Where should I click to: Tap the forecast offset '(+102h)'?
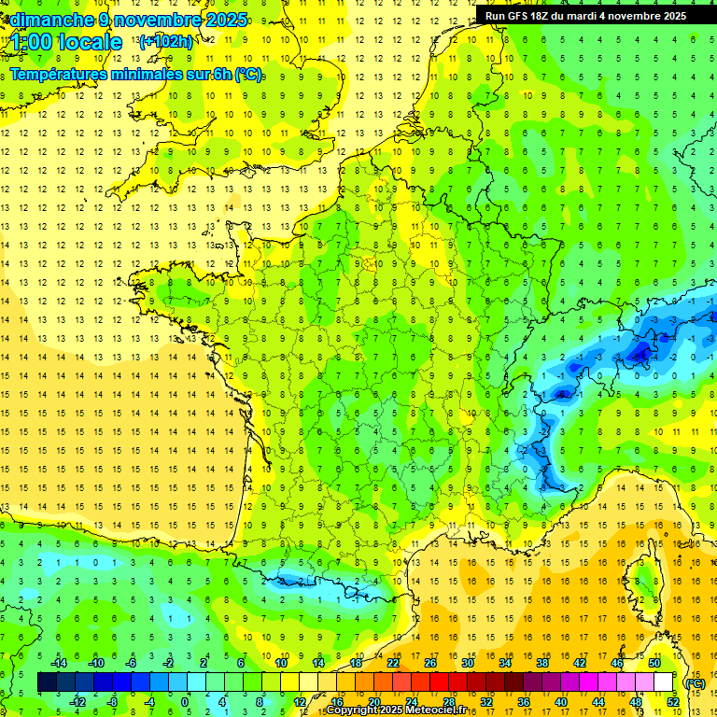(x=165, y=41)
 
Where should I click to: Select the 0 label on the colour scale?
(x=185, y=702)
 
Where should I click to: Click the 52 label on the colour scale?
(x=672, y=702)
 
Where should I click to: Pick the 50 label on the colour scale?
(x=654, y=663)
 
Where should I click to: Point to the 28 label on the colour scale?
(x=448, y=702)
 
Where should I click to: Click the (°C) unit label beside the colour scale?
(x=696, y=682)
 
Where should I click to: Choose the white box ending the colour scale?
(x=664, y=682)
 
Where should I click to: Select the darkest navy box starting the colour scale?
(x=47, y=682)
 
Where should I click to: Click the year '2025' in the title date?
(x=229, y=19)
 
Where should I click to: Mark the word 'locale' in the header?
(x=89, y=42)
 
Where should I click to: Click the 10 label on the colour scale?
(x=280, y=663)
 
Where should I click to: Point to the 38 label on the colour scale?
(x=541, y=663)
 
